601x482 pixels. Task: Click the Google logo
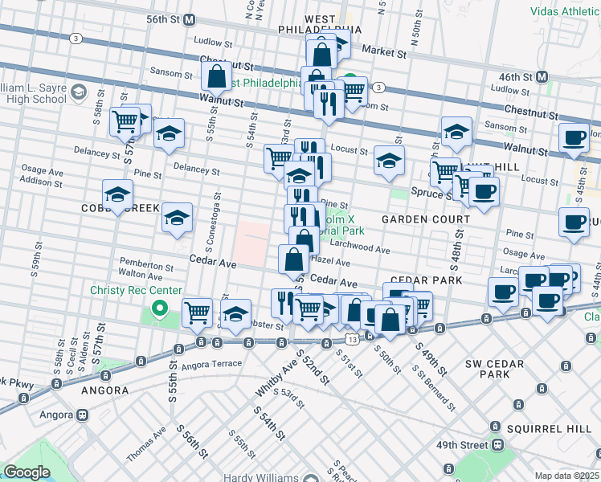[27, 472]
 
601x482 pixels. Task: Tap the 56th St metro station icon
[190, 19]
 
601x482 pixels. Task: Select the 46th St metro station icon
[542, 77]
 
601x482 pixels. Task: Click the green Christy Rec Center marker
[160, 307]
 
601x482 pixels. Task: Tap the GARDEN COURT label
[425, 219]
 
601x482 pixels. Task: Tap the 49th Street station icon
[499, 444]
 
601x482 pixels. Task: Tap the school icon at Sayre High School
[79, 92]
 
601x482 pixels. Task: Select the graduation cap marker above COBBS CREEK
[117, 194]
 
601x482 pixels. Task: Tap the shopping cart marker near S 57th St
[125, 121]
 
